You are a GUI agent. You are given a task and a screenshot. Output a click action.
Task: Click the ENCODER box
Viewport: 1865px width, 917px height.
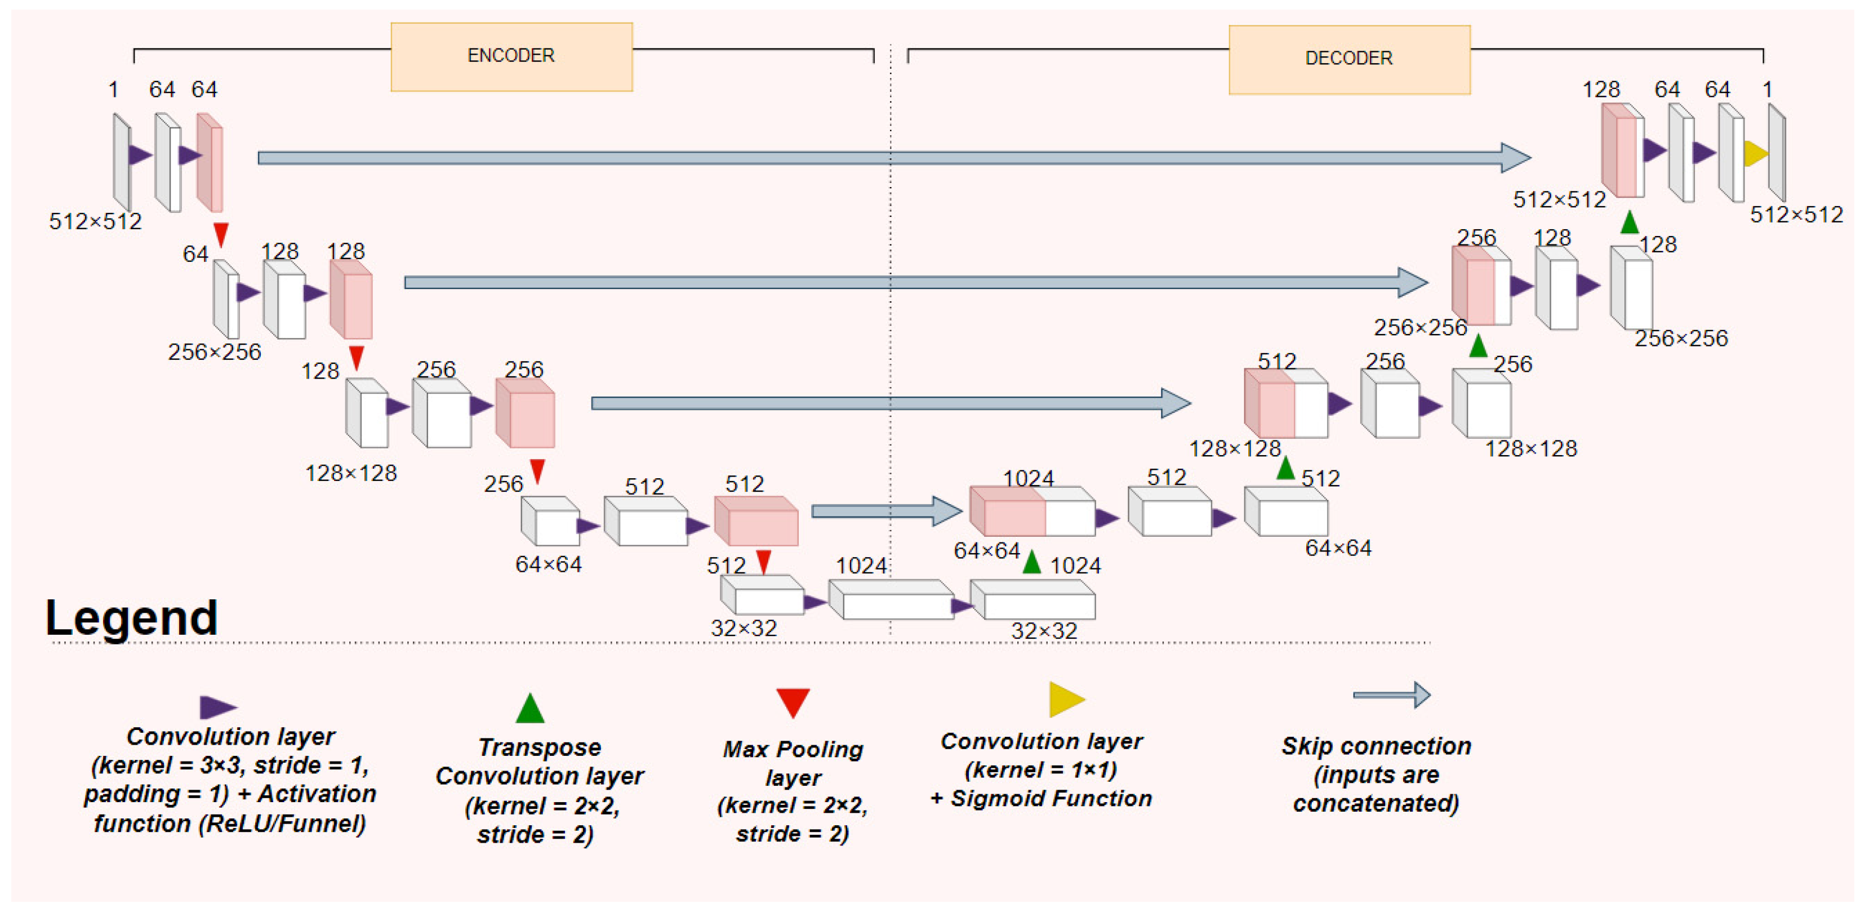click(x=511, y=56)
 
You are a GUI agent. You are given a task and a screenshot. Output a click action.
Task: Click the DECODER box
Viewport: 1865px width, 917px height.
click(x=1349, y=59)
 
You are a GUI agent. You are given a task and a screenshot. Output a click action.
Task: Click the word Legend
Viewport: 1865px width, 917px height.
click(x=131, y=617)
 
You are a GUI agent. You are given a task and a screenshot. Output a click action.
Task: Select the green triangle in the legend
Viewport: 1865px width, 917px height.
click(x=530, y=709)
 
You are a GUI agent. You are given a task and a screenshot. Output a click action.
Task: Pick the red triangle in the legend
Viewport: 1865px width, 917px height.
click(x=793, y=702)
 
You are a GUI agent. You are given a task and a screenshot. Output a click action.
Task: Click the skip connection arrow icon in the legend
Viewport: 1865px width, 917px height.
click(x=1391, y=696)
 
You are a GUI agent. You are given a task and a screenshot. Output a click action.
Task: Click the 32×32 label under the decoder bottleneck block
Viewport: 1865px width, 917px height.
click(x=1043, y=631)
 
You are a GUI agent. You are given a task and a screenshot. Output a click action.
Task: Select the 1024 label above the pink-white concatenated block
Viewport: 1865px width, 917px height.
click(x=1028, y=478)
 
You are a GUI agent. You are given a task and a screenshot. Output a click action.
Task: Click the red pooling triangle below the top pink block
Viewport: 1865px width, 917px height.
click(x=221, y=234)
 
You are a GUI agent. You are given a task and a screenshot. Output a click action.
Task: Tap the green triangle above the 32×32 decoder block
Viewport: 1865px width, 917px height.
click(x=1032, y=562)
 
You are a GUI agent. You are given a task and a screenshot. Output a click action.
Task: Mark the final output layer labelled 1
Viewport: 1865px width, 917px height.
click(x=1777, y=152)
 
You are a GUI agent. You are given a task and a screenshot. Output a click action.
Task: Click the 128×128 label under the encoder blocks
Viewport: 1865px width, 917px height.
click(x=351, y=473)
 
